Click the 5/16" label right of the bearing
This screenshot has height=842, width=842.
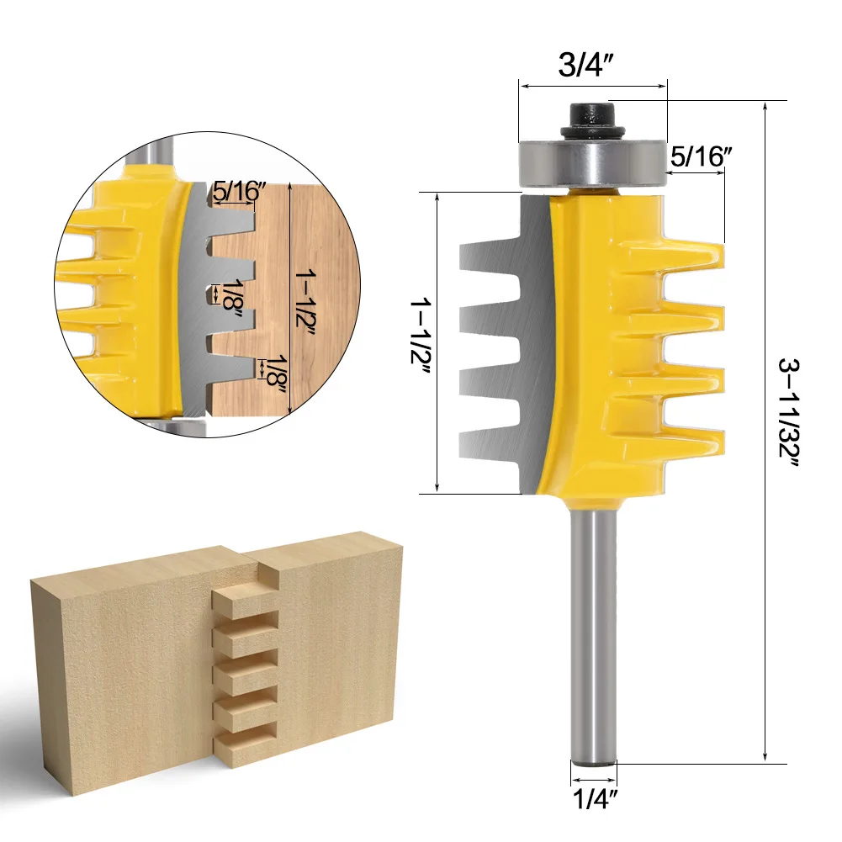(701, 156)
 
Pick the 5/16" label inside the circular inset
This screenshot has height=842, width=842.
(238, 191)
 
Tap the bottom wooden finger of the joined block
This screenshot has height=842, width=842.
(244, 741)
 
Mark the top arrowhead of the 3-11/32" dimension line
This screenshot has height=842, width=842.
(765, 106)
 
